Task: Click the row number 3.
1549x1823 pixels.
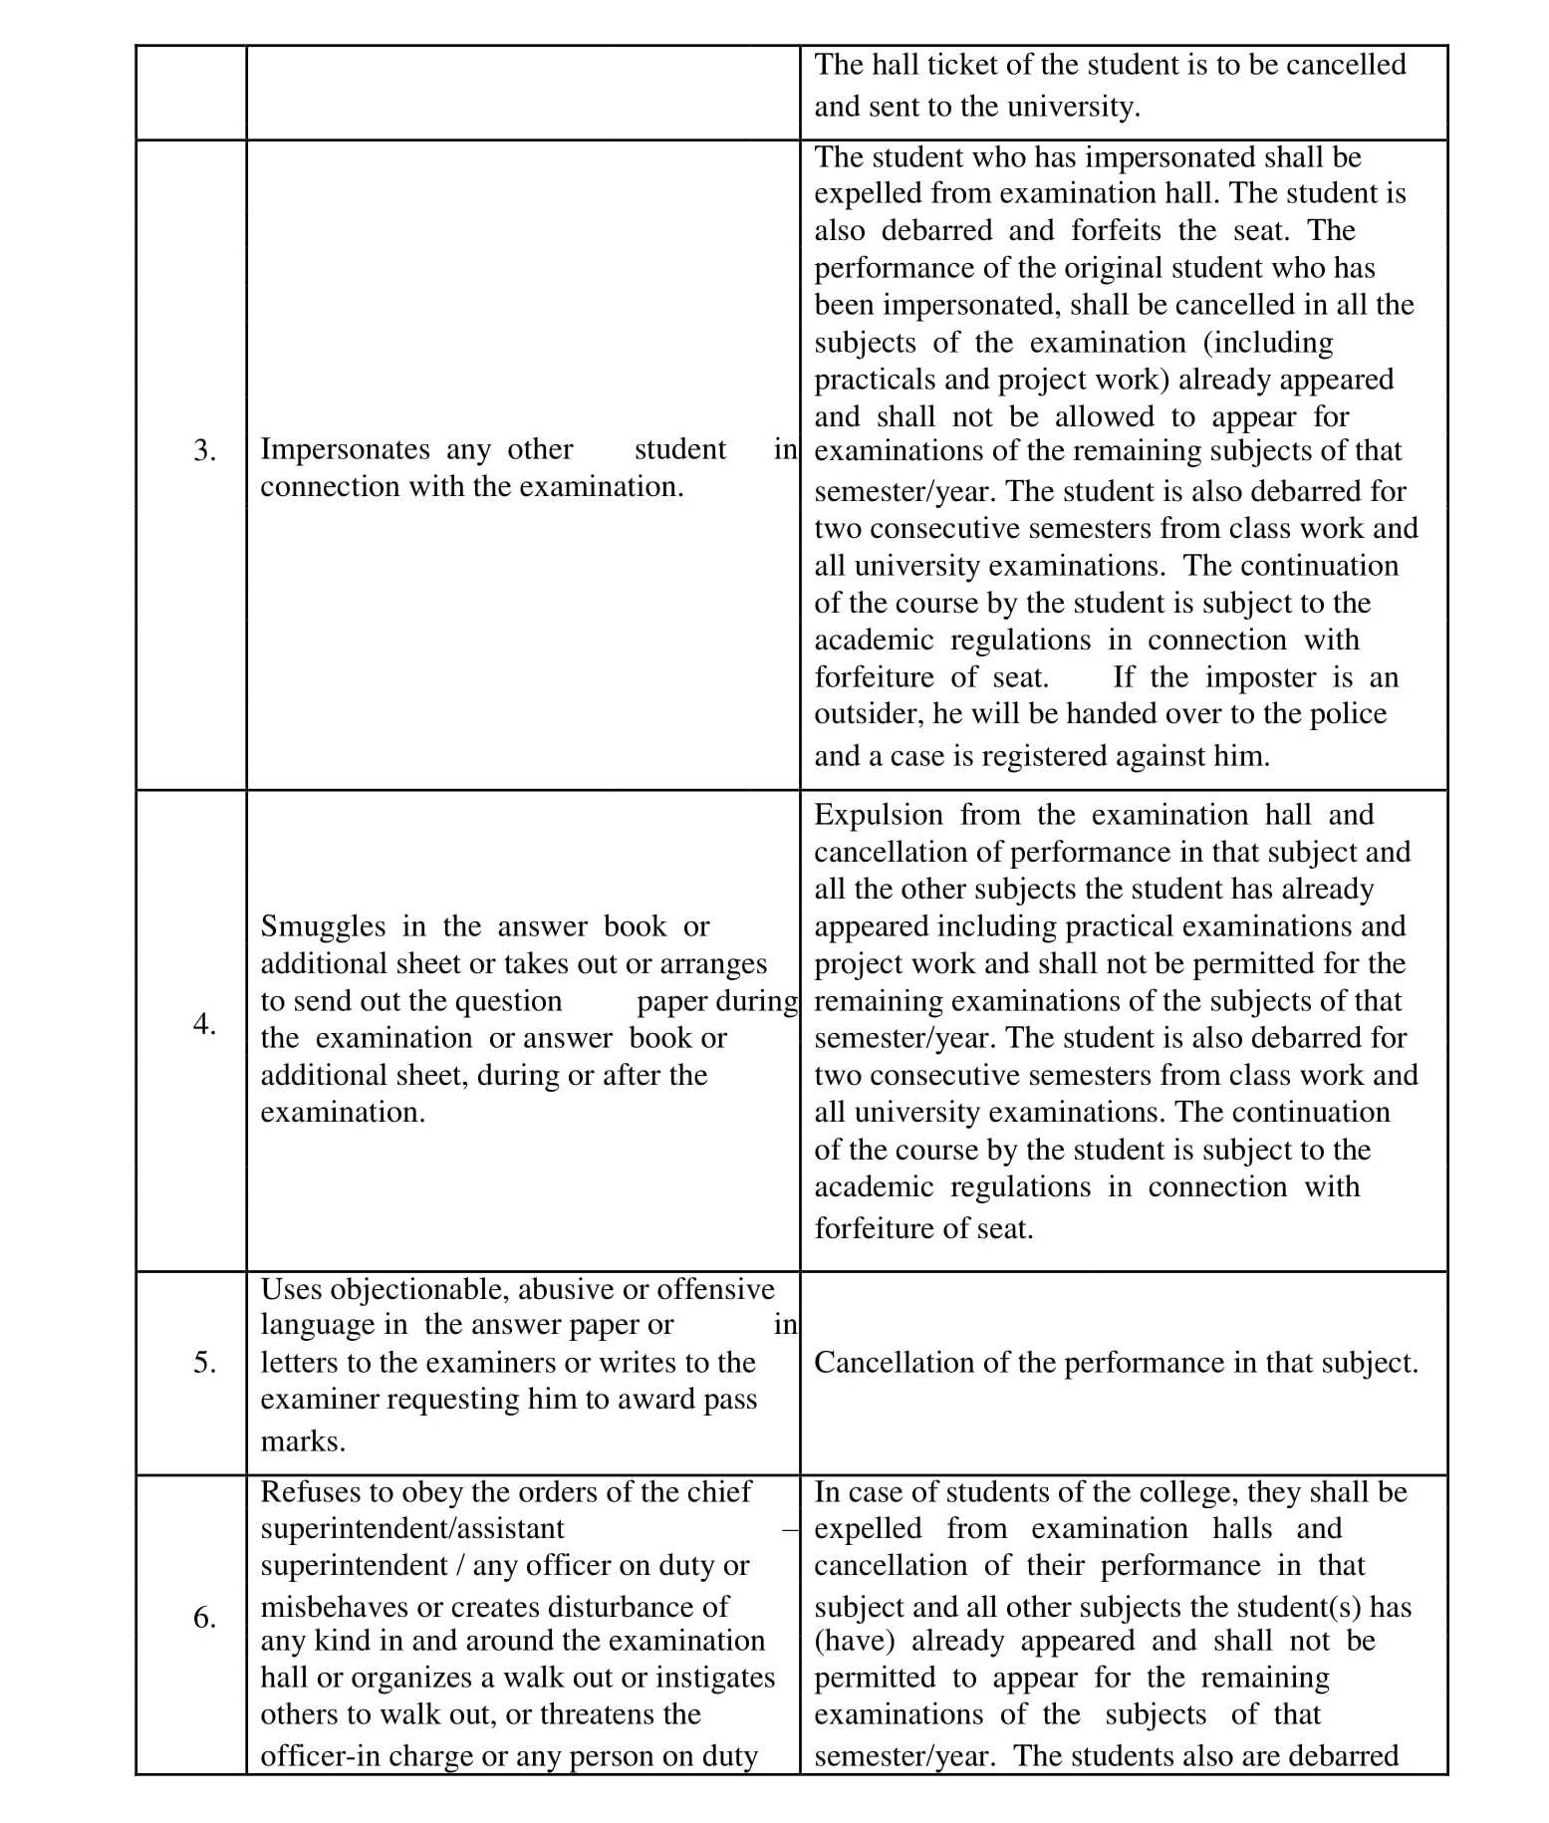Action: point(204,450)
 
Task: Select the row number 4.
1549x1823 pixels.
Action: point(204,1024)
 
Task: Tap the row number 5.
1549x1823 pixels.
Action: point(204,1362)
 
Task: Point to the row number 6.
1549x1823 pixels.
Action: point(204,1617)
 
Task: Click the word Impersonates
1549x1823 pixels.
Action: point(345,449)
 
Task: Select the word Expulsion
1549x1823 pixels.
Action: point(879,815)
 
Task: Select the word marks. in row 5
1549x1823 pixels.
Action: point(303,1441)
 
